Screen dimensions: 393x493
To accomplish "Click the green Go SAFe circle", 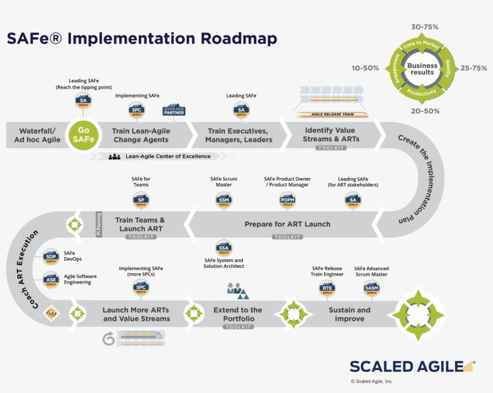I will [84, 135].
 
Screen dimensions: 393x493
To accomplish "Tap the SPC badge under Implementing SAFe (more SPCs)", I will [141, 288].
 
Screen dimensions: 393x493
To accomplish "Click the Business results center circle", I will [421, 69].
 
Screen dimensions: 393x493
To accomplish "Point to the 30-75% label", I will [424, 27].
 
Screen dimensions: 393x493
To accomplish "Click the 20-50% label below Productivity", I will [425, 111].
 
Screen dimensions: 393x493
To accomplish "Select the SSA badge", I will [223, 247].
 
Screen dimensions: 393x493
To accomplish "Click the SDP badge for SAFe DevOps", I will [51, 258].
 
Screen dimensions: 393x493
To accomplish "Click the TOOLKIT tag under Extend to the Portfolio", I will [238, 327].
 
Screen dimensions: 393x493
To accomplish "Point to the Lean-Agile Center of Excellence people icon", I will [115, 156].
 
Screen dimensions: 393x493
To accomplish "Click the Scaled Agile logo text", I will [406, 367].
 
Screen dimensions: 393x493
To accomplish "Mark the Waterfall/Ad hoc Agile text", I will [37, 135].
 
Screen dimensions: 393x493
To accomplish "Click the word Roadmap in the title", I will [239, 39].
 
